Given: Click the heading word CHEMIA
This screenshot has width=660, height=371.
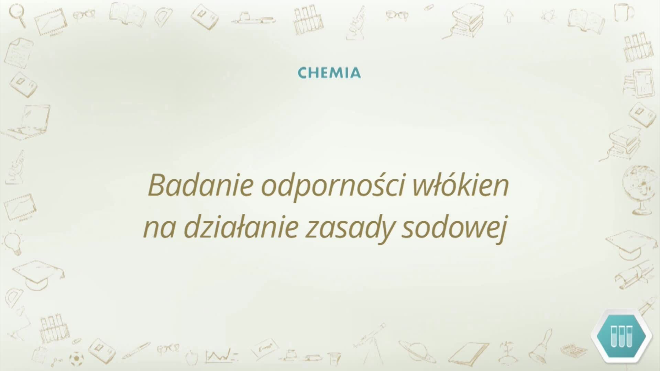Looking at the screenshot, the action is (329, 73).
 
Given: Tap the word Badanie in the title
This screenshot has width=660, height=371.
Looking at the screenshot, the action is (200, 186).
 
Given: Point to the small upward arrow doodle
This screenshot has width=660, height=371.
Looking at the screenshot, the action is (509, 15).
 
